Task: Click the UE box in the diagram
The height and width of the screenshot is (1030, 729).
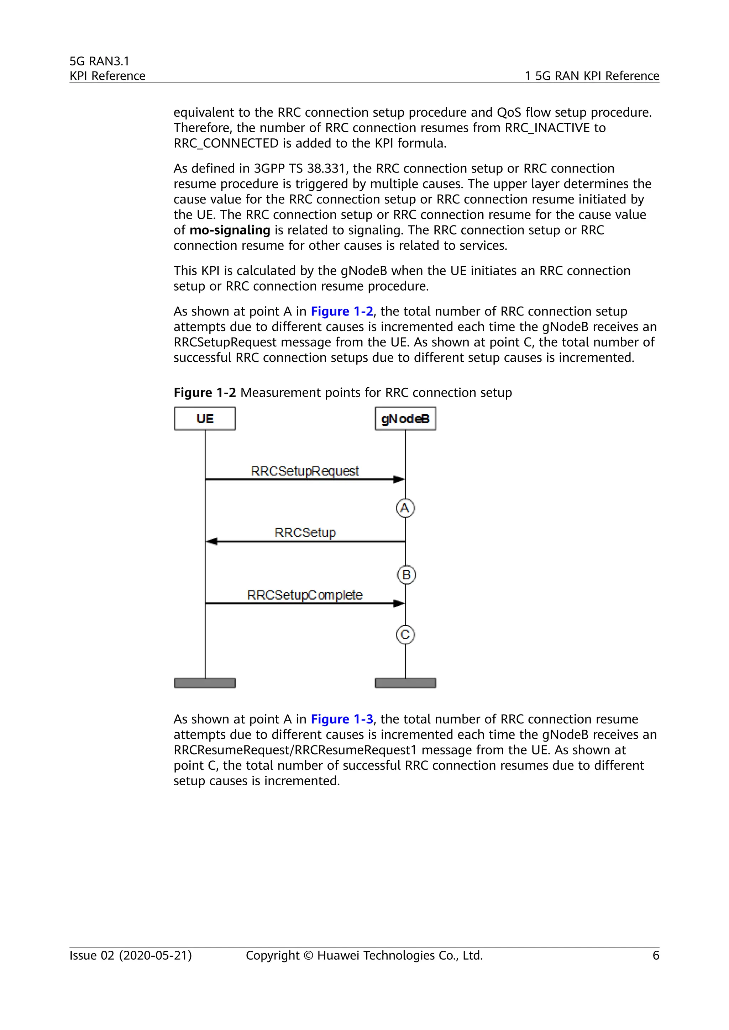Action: pyautogui.click(x=205, y=419)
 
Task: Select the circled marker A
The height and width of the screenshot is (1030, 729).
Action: pyautogui.click(x=405, y=508)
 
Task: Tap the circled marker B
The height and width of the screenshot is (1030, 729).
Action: pyautogui.click(x=406, y=575)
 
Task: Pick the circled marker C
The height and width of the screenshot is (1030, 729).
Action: pyautogui.click(x=405, y=635)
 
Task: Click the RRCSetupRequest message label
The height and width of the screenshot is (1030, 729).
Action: pyautogui.click(x=305, y=471)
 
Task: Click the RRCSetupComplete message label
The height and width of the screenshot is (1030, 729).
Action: pyautogui.click(x=304, y=595)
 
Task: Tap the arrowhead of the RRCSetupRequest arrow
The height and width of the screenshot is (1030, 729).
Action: pyautogui.click(x=399, y=479)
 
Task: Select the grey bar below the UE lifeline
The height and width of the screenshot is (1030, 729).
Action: pyautogui.click(x=205, y=683)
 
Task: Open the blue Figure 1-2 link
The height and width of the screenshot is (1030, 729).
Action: pyautogui.click(x=342, y=311)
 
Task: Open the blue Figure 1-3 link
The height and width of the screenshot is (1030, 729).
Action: pyautogui.click(x=342, y=719)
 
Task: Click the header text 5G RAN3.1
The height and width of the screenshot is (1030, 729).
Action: pyautogui.click(x=99, y=61)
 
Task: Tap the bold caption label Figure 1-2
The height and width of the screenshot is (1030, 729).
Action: pyautogui.click(x=204, y=393)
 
